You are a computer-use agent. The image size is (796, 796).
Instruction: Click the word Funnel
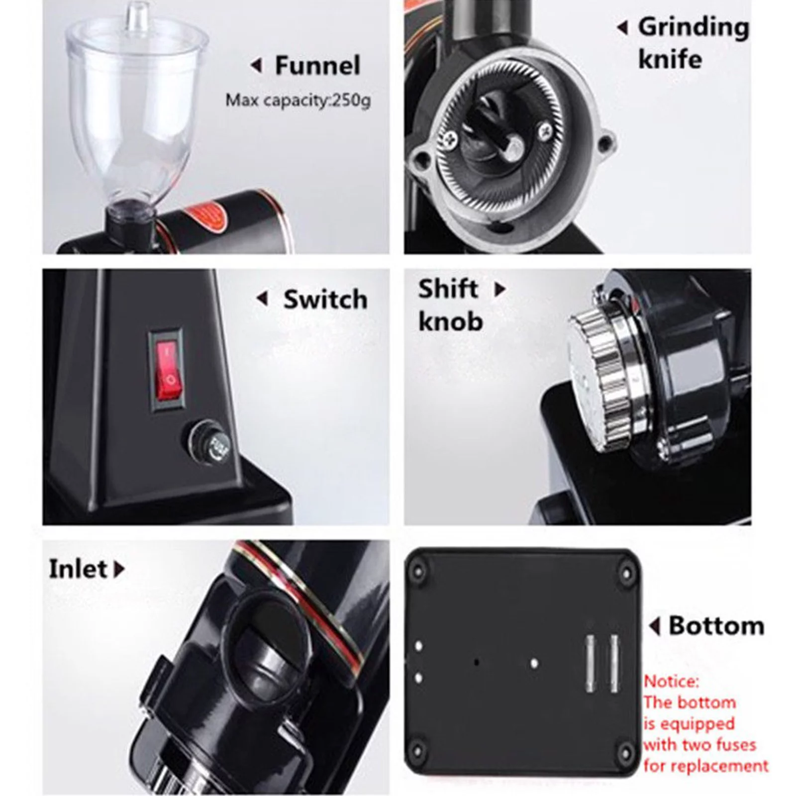[x=317, y=66]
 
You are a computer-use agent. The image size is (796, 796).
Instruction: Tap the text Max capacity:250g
[x=298, y=100]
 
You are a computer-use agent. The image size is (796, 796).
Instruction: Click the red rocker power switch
[x=166, y=368]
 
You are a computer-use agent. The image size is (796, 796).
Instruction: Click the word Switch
[x=325, y=299]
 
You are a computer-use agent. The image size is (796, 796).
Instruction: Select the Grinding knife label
[x=693, y=43]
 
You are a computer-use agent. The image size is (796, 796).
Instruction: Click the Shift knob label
[x=450, y=305]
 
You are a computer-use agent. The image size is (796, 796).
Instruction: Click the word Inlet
[x=78, y=569]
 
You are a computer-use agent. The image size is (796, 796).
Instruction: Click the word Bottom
[x=716, y=626]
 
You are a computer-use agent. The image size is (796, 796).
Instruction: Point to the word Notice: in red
[x=671, y=681]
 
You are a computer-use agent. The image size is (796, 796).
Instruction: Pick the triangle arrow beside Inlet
[x=119, y=569]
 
